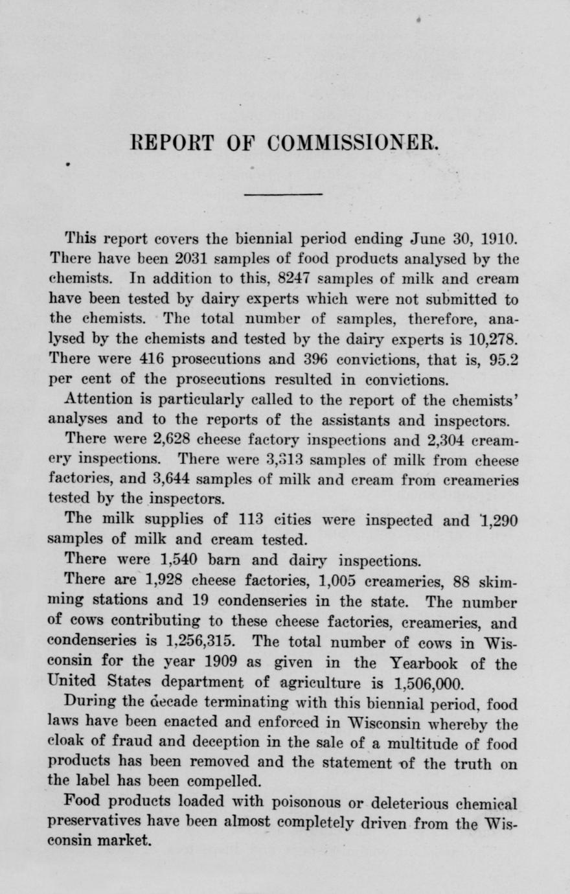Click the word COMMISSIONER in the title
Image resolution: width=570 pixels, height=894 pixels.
(x=352, y=143)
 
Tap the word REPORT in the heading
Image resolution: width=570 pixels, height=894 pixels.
(x=174, y=143)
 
